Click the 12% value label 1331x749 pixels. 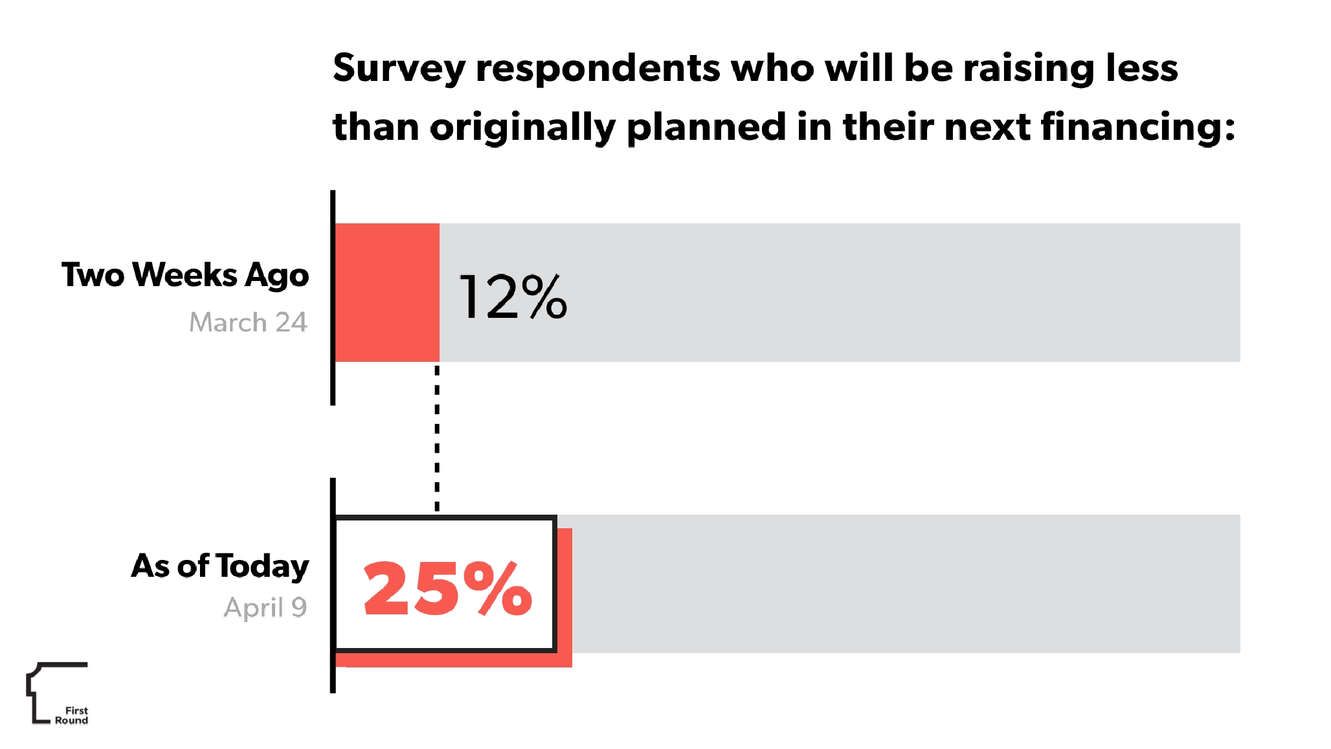click(x=513, y=296)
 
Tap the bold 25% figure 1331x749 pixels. click(x=447, y=588)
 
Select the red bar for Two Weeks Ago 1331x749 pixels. click(x=387, y=292)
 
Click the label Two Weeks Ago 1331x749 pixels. click(x=185, y=274)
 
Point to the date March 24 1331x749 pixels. click(x=248, y=322)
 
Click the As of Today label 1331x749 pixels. click(x=220, y=566)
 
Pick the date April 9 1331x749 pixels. click(x=265, y=607)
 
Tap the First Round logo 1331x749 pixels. click(x=57, y=693)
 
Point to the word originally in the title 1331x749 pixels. click(x=523, y=127)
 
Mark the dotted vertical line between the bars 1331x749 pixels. click(x=437, y=438)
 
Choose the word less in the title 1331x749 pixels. click(x=1141, y=67)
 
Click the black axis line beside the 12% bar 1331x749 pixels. click(x=333, y=298)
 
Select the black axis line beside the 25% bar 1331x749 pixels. click(x=333, y=585)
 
